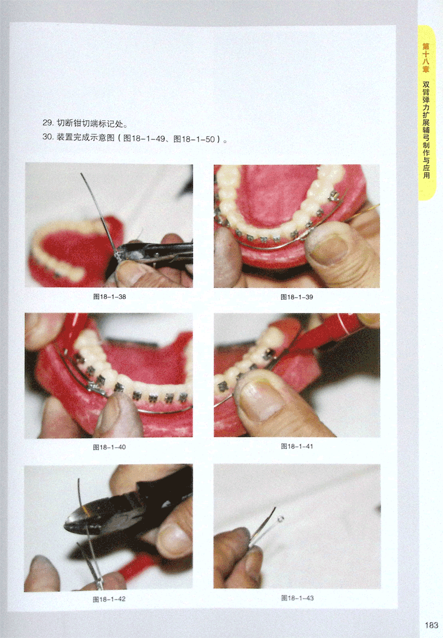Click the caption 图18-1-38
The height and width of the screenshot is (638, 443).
click(x=109, y=297)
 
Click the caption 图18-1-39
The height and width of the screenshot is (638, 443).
click(x=297, y=297)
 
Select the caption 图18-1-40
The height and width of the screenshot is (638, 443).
click(x=109, y=447)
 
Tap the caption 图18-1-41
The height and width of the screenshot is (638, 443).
click(x=297, y=446)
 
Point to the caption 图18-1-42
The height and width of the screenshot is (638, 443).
click(x=109, y=599)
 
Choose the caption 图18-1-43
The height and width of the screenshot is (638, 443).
click(x=297, y=598)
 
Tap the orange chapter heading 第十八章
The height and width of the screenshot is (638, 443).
click(x=426, y=57)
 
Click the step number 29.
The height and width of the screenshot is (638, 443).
click(x=48, y=123)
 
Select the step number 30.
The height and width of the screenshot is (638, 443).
click(x=48, y=137)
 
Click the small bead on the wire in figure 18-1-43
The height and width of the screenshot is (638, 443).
click(x=281, y=518)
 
